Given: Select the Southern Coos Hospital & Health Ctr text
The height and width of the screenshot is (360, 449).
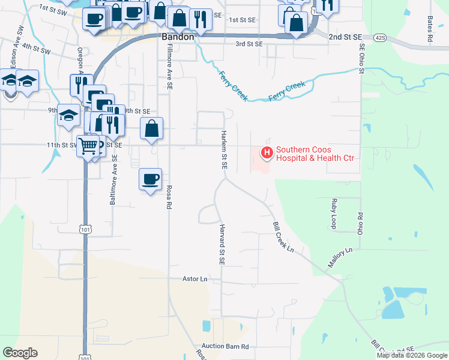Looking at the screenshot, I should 315,154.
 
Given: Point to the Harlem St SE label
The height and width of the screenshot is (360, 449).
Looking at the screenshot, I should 224,150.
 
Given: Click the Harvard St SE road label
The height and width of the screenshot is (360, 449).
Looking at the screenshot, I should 221,245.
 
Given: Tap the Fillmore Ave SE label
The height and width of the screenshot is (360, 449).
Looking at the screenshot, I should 170,67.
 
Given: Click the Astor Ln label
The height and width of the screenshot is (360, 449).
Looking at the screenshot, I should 194,279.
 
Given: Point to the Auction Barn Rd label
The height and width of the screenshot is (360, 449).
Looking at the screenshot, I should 225,347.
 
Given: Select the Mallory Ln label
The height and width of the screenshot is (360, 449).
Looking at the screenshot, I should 340,259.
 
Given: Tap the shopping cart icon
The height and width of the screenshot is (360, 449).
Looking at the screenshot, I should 88,146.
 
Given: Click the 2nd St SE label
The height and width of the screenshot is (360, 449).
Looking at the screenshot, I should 343,37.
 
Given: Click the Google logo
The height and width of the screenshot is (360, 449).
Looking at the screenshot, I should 20,353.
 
